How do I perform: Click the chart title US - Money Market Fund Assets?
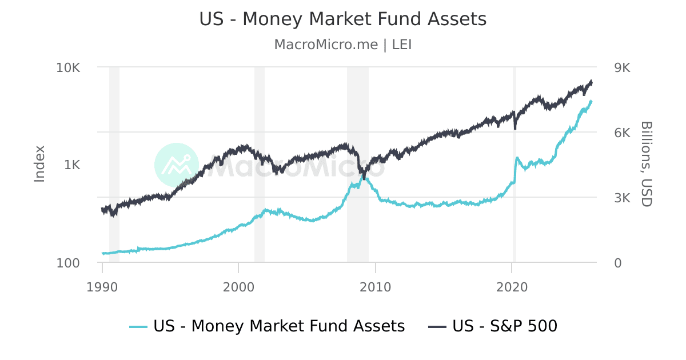click(343, 19)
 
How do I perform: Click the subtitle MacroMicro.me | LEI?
click(343, 45)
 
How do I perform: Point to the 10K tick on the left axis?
click(68, 67)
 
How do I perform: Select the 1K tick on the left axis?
click(72, 165)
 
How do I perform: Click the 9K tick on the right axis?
click(621, 67)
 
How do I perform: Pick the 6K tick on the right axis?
click(621, 133)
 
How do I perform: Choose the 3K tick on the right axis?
click(621, 198)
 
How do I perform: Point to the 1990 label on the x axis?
click(102, 286)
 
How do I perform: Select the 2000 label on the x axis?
click(239, 286)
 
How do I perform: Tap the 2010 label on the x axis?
click(376, 286)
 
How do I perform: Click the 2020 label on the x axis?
click(512, 286)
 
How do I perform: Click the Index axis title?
click(39, 165)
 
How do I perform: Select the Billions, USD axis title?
click(646, 165)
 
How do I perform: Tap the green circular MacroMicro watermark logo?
click(177, 165)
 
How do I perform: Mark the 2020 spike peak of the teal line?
click(517, 158)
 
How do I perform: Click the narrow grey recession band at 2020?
click(514, 229)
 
